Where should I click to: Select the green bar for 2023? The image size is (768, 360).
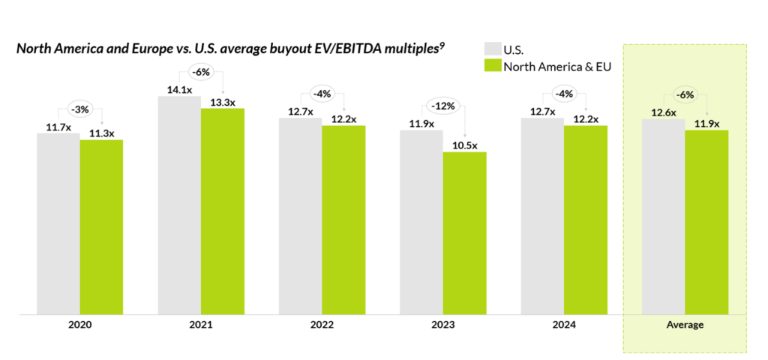tap(465, 233)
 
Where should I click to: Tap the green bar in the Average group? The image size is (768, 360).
tap(706, 222)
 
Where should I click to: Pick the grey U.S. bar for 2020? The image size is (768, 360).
tap(58, 223)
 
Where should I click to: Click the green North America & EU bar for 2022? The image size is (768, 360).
tap(343, 220)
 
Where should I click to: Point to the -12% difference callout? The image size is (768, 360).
tap(442, 106)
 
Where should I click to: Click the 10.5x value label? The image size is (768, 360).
tap(465, 145)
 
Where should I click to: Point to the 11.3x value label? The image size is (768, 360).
tap(102, 134)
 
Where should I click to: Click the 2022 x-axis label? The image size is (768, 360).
tap(322, 325)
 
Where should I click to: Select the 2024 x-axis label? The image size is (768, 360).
tap(564, 325)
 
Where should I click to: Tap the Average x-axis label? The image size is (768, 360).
tap(685, 325)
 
